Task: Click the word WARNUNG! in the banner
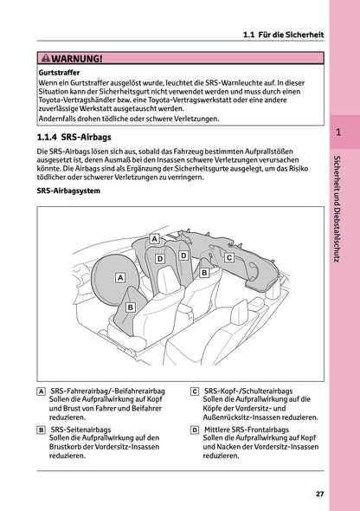pyautogui.click(x=77, y=59)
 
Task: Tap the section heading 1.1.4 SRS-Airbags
pyautogui.click(x=75, y=137)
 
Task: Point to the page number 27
pyautogui.click(x=320, y=495)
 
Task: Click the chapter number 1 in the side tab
pyautogui.click(x=338, y=133)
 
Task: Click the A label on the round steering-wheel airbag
pyautogui.click(x=120, y=277)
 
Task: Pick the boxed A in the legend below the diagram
pyautogui.click(x=42, y=392)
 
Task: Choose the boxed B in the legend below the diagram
pyautogui.click(x=42, y=430)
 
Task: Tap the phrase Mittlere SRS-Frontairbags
pyautogui.click(x=252, y=430)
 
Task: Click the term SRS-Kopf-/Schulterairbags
pyautogui.click(x=250, y=392)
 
